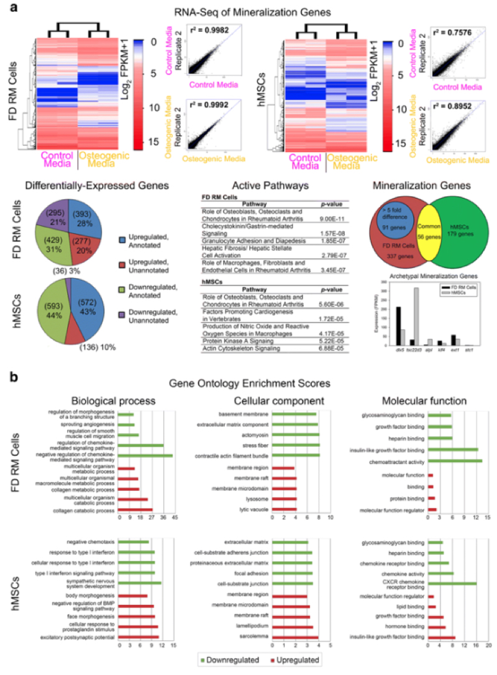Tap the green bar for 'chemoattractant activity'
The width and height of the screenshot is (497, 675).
[455, 461]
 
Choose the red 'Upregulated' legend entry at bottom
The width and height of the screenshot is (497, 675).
[295, 661]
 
